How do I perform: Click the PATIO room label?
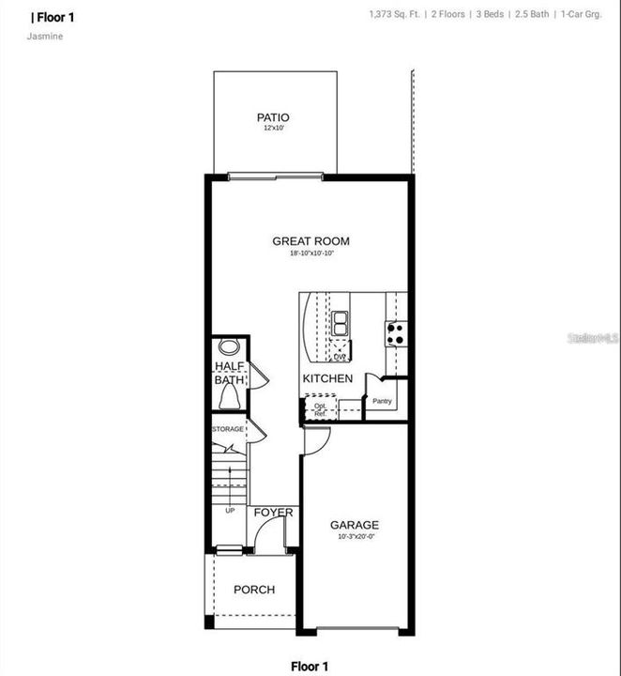pos(267,117)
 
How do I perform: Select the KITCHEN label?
pos(327,378)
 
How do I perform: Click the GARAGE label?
pos(355,525)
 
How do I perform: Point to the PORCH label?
pos(254,590)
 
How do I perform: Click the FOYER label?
pos(273,513)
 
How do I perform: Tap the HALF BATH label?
pos(229,374)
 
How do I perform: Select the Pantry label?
pos(382,402)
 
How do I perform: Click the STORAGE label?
pos(228,429)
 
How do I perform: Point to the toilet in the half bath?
pos(229,399)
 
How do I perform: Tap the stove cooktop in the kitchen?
pos(396,330)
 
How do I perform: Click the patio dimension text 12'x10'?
pos(267,129)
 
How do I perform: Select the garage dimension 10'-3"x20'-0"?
pos(355,538)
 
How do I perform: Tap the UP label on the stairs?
pos(230,510)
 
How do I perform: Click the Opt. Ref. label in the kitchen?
pos(320,409)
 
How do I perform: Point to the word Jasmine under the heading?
pos(47,37)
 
